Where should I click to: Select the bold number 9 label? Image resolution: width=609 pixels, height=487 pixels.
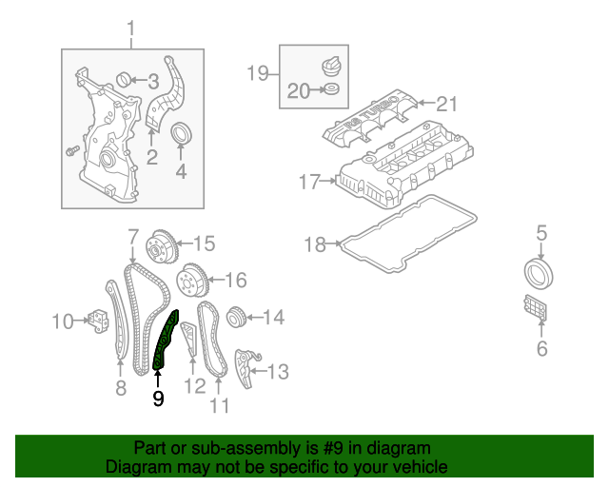(x=158, y=399)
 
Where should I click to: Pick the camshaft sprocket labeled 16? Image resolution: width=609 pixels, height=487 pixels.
(x=193, y=281)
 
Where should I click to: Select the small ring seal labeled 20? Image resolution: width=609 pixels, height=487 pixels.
(x=330, y=91)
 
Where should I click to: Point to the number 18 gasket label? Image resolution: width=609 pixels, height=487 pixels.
(x=316, y=245)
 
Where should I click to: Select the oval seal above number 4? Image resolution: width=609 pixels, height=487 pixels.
(x=181, y=135)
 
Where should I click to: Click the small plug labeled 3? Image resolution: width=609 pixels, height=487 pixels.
(x=123, y=78)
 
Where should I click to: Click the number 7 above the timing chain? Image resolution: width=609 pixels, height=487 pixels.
(x=133, y=235)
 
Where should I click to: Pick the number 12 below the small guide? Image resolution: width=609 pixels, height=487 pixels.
(x=194, y=386)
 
